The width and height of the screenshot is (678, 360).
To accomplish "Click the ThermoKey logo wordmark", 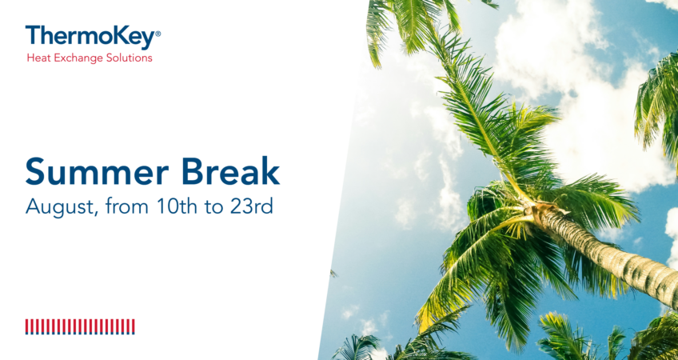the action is click(x=90, y=37).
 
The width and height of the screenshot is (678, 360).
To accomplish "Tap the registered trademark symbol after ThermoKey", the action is click(x=158, y=34).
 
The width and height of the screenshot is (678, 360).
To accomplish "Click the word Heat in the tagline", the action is click(x=36, y=58).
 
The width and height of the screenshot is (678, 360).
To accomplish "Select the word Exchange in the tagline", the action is click(x=71, y=58).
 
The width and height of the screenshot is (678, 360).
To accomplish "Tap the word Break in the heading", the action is click(x=230, y=171).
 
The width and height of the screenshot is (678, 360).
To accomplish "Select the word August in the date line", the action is click(x=59, y=207).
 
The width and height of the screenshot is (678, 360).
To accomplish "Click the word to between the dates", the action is click(x=213, y=207).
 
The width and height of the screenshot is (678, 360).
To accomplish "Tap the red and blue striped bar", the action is click(x=80, y=326).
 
